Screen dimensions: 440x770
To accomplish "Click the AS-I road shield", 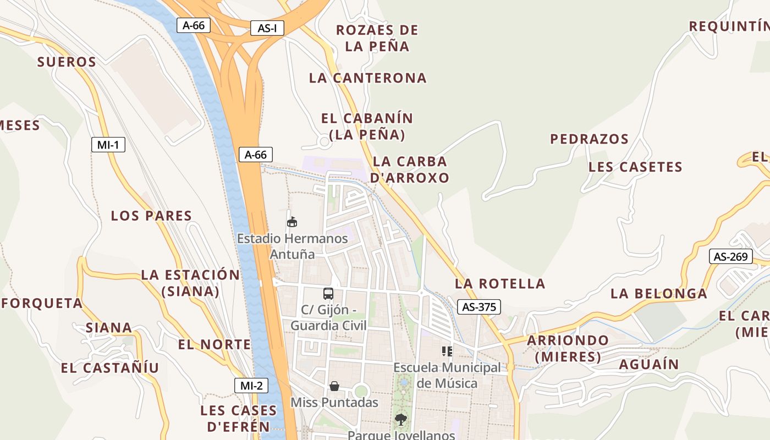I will point(267,28).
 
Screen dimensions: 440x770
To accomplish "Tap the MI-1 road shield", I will point(108,145).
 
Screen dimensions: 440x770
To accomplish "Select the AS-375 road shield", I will point(479,307).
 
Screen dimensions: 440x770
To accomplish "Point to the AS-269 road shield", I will point(730,256).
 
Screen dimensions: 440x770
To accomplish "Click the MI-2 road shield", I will point(251,386).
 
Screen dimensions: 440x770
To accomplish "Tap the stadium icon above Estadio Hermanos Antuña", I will point(292,222).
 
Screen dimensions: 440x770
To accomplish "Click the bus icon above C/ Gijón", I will point(328,293).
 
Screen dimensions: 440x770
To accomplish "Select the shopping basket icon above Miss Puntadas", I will point(334,386).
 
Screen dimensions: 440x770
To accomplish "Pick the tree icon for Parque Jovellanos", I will point(401,420).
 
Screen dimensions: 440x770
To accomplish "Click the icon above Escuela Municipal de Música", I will point(447,351).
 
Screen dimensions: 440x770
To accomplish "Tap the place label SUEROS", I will point(67,62).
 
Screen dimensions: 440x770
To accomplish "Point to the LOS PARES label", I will point(151,216).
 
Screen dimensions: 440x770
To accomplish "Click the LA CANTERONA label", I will point(368,78).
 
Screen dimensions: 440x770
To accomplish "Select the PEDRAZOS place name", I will point(590,139).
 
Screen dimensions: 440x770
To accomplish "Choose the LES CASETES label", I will point(635,167).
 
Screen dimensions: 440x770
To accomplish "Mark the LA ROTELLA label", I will point(500,284).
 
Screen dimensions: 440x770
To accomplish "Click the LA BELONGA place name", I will point(659,294).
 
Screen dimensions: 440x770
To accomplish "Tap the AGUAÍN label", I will point(649,365).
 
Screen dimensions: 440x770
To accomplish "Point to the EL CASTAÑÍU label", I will point(110,368).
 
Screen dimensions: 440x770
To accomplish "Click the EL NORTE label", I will point(215,345).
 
